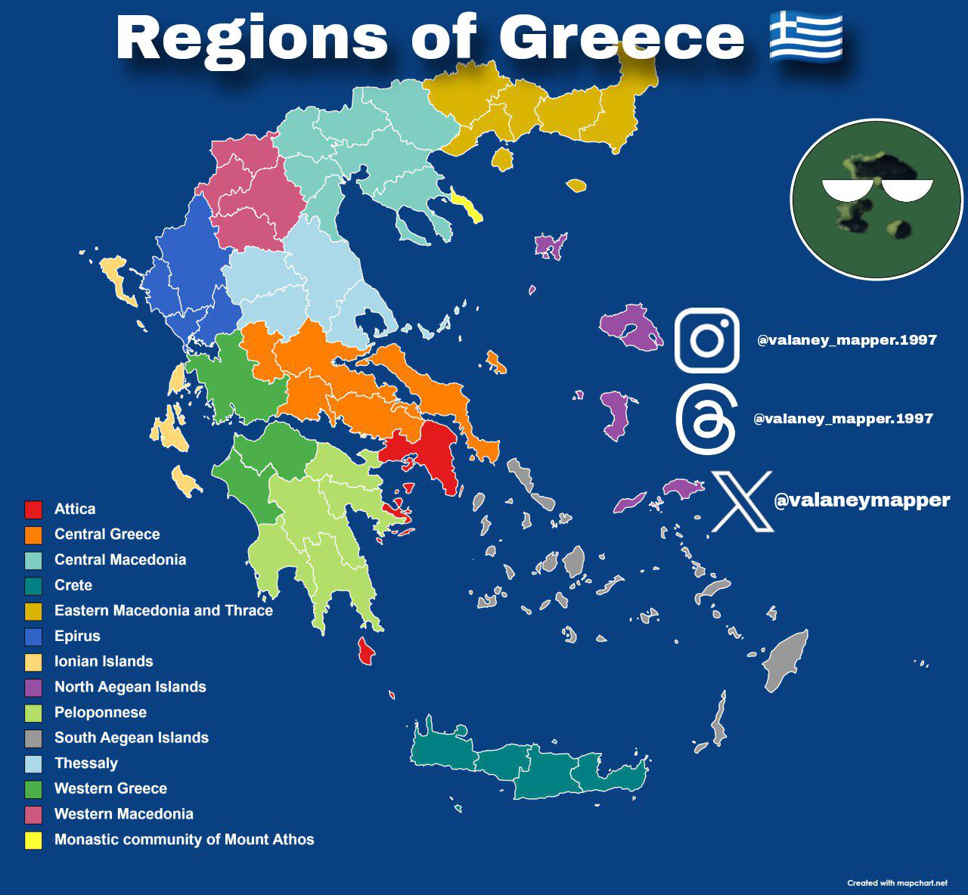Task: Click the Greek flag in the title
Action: tap(806, 36)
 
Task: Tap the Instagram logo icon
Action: tap(706, 340)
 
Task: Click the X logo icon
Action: tap(742, 501)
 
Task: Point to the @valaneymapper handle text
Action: tap(862, 500)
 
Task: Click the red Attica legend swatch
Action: tap(33, 509)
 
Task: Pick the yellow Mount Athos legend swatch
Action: tap(33, 840)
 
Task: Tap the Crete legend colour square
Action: tap(33, 586)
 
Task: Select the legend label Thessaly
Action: tap(85, 763)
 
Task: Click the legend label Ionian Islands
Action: tap(104, 661)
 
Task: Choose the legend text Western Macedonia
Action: tap(123, 814)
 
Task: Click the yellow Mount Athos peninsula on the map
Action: tap(467, 206)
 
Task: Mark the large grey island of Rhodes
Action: tap(785, 660)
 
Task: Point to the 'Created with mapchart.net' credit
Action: tap(897, 883)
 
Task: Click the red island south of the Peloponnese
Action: tap(366, 651)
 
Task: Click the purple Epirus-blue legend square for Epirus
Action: tap(33, 636)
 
